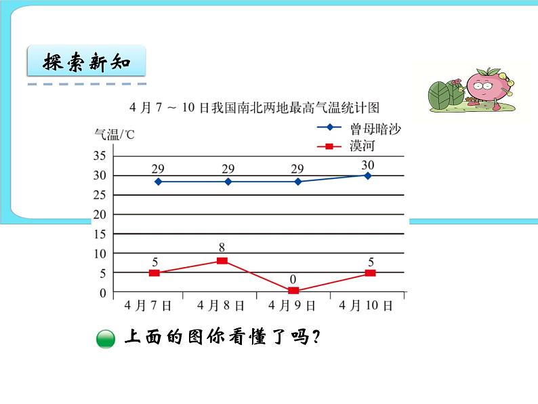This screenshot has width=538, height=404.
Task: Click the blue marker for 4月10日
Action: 368,176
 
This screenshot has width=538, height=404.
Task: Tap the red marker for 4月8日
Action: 222,260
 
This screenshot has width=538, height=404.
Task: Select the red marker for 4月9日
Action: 293,291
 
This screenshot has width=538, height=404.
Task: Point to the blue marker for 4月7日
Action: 159,182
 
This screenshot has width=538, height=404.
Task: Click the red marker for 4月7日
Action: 154,273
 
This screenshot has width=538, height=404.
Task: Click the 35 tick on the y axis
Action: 100,156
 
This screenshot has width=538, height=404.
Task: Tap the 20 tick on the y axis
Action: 100,215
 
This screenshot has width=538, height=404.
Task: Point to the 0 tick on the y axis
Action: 103,294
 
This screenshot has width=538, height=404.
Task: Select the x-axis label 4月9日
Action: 291,306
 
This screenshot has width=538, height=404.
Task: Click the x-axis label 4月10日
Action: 369,306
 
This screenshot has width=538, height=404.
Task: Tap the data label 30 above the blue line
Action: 368,165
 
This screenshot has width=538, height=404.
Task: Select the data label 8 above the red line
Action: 222,248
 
